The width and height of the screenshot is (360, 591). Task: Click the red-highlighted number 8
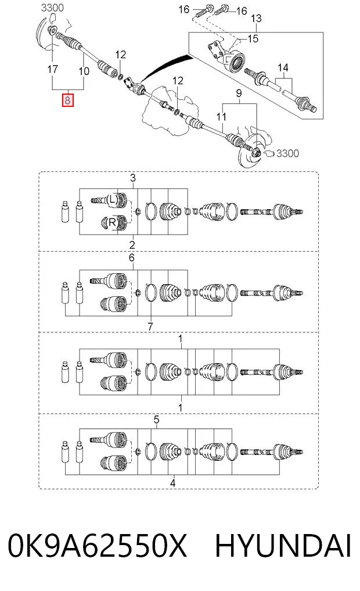coord(68,101)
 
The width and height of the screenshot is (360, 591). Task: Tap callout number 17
coord(52,69)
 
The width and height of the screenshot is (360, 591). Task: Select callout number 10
coord(84,71)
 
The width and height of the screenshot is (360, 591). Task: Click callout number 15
coord(253,38)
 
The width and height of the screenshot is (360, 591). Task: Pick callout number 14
coord(283,68)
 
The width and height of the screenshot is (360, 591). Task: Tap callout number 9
coord(239,94)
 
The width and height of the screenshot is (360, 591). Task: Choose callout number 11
coord(221,117)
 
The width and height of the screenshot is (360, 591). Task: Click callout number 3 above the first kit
coord(132,177)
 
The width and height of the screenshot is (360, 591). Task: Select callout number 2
coord(132,245)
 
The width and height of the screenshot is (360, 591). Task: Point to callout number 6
coord(131,258)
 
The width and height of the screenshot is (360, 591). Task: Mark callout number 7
coord(150,327)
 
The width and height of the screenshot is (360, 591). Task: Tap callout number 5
coord(157,420)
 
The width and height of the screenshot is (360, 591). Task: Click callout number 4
coord(172,482)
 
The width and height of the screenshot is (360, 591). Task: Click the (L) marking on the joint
coord(112,200)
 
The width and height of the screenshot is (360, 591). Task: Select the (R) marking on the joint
coord(112,223)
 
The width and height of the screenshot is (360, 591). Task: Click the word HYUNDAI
coord(283,546)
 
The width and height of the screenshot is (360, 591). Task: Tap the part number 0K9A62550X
coord(98,546)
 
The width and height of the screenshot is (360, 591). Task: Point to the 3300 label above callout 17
coord(52,8)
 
